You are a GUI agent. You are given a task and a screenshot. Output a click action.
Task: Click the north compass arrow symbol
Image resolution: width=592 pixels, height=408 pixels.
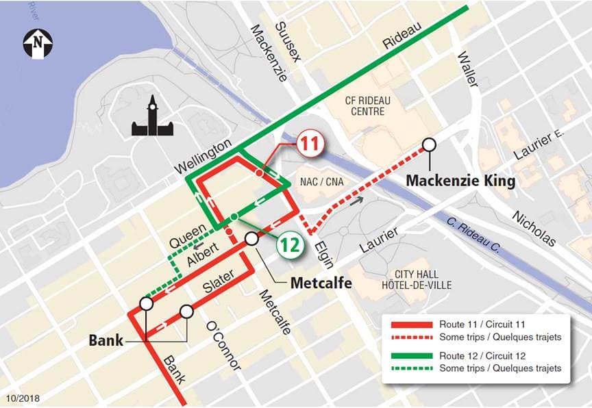[x=38, y=43]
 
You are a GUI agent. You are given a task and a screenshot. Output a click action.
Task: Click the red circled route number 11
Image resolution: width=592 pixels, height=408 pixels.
[x=309, y=144]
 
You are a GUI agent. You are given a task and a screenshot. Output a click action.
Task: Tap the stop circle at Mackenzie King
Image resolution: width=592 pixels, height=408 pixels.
[x=430, y=144]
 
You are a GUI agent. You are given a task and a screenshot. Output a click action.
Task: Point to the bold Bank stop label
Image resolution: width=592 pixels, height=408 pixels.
[x=106, y=340]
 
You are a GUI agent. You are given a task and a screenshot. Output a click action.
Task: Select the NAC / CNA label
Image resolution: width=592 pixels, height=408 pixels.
[x=321, y=181]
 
